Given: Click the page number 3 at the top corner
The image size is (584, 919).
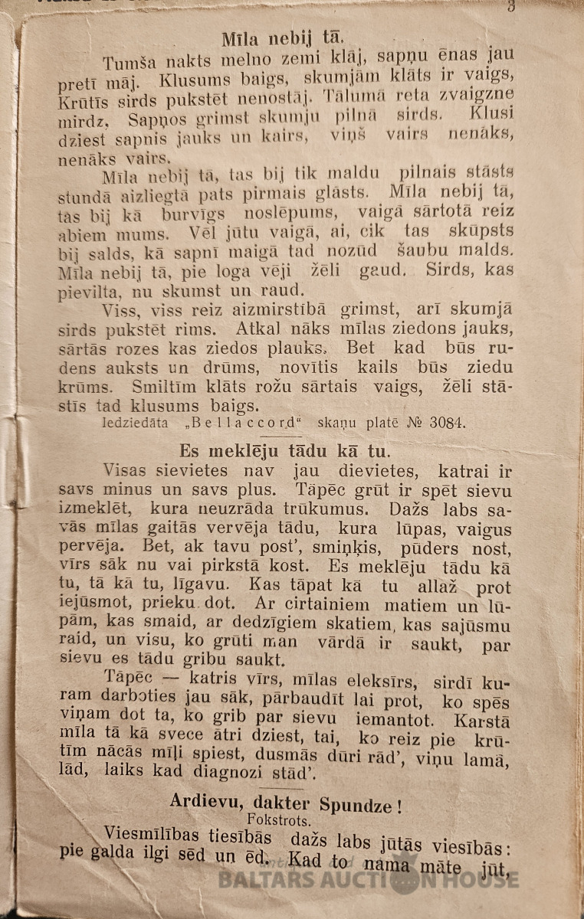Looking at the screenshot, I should pos(510,7).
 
